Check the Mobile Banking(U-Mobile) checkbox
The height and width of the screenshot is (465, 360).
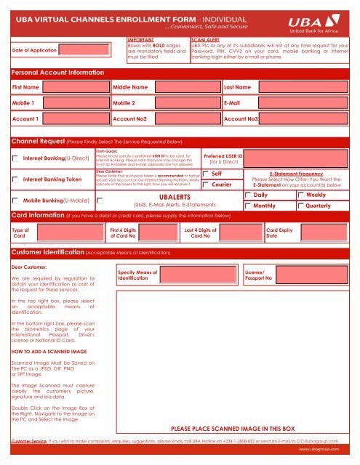[x=15, y=199]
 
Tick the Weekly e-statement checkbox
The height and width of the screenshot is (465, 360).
[x=301, y=197]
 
